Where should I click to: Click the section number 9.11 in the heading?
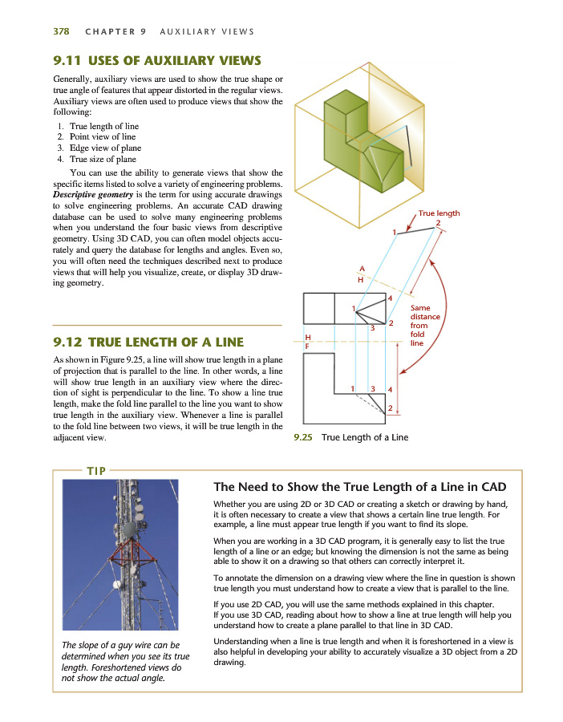[x=67, y=61]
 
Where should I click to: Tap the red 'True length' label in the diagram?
[x=439, y=213]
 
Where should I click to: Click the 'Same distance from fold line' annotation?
[x=424, y=325]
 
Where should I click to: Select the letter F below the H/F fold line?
[x=307, y=347]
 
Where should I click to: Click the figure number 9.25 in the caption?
[x=302, y=437]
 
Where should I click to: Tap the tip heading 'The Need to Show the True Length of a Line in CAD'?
[x=359, y=487]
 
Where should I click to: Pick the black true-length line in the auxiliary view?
[x=417, y=231]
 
